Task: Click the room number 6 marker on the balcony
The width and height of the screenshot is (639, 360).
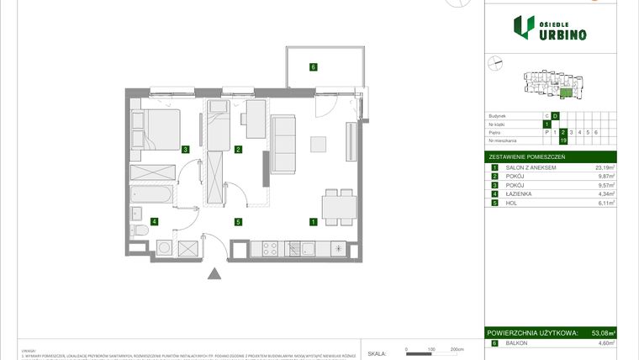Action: coord(313,67)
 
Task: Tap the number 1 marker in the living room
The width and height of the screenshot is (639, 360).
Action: coord(313,223)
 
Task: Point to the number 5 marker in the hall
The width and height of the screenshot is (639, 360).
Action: coord(238,223)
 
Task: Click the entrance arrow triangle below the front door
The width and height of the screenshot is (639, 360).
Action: coord(215,273)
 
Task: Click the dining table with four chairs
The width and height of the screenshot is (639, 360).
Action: coord(337,207)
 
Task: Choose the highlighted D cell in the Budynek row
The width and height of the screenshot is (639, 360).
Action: coord(555,115)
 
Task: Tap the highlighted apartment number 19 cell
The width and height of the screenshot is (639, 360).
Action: coord(563,140)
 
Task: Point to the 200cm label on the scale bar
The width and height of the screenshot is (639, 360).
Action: coord(457,348)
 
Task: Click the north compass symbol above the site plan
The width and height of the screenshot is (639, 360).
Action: coord(495,61)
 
